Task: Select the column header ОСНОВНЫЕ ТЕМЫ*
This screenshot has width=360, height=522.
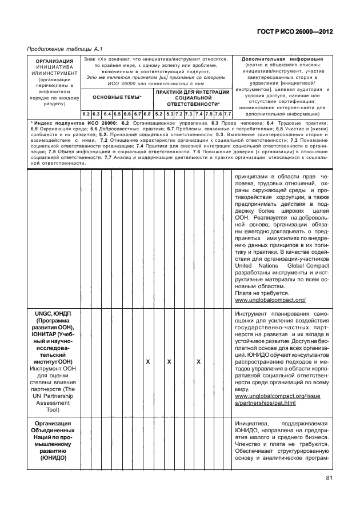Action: click(117, 98)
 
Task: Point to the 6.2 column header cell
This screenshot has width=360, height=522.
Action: click(85, 114)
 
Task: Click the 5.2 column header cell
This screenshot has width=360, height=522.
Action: click(159, 114)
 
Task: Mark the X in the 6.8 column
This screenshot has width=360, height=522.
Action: click(147, 362)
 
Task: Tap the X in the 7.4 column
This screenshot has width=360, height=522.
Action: click(198, 362)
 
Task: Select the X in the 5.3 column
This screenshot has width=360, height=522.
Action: click(169, 362)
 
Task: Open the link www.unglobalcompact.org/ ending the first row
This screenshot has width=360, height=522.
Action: click(270, 300)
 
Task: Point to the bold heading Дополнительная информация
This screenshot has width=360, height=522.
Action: click(282, 59)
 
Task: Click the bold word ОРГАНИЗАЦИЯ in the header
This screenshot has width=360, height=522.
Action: click(54, 61)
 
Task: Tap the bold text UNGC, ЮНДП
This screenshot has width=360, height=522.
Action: click(54, 314)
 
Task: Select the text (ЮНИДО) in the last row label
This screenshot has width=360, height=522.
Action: click(54, 458)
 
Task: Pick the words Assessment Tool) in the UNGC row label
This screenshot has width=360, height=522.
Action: click(54, 405)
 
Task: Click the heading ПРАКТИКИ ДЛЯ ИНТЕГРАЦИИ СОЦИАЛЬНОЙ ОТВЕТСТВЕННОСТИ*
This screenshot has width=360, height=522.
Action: click(193, 98)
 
